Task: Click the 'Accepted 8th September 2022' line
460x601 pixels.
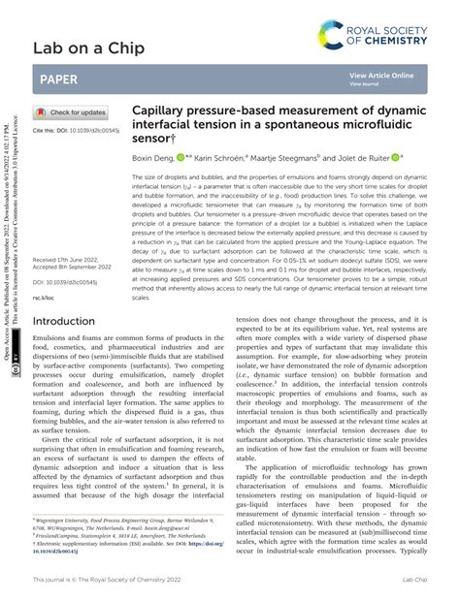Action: (74, 268)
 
